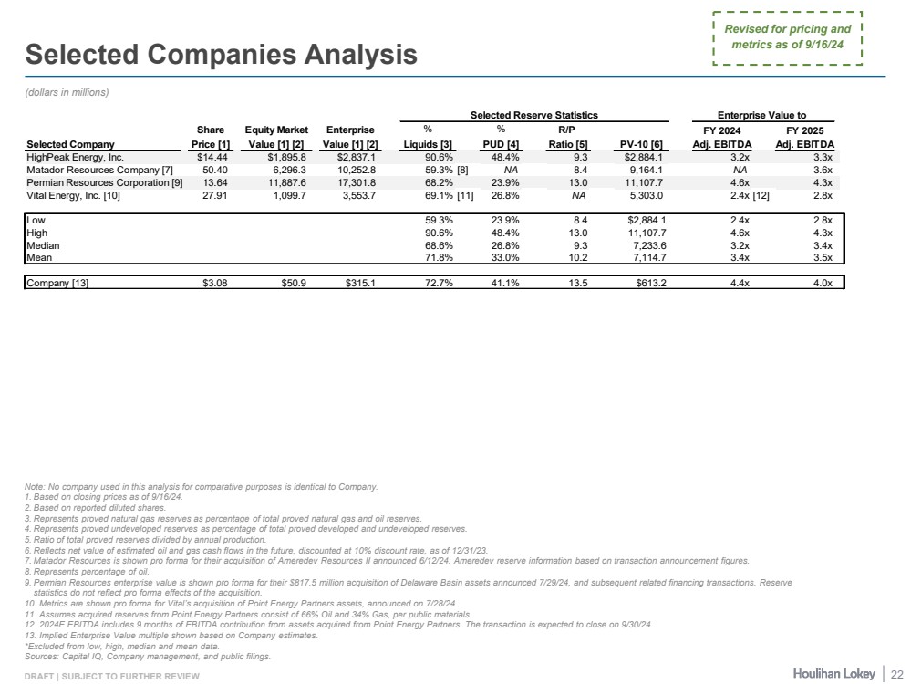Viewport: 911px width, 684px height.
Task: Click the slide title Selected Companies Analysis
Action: [222, 56]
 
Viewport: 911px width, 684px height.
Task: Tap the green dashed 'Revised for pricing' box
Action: [788, 38]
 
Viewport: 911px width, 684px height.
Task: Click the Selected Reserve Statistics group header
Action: [533, 115]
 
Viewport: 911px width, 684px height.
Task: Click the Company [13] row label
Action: [57, 283]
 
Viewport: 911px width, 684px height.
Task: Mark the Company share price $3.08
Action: [214, 283]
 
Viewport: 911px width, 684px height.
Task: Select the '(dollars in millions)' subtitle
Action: [67, 92]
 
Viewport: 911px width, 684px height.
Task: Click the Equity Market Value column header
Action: [276, 137]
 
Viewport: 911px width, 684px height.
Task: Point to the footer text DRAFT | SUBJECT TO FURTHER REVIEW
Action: [111, 675]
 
